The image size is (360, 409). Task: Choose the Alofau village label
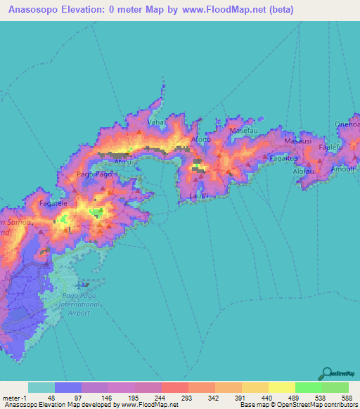pyautogui.click(x=303, y=171)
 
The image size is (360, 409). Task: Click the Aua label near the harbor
pyautogui.click(x=123, y=161)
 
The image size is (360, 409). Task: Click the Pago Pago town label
pyautogui.click(x=93, y=173)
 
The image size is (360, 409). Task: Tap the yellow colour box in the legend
pyautogui.click(x=281, y=387)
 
